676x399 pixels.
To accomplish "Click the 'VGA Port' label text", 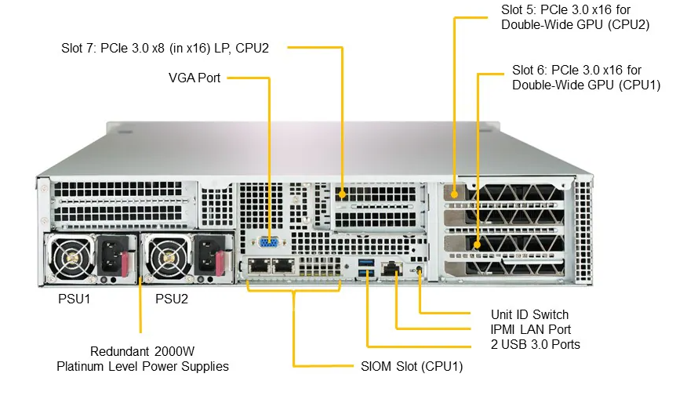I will click(194, 78).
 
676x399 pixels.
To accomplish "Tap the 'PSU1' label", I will click(75, 299).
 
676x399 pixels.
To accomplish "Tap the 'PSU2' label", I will click(172, 299).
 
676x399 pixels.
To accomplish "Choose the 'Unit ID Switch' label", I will click(529, 314).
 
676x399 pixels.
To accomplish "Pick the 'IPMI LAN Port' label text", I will click(530, 329).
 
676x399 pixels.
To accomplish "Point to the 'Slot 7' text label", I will click(80, 48).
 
